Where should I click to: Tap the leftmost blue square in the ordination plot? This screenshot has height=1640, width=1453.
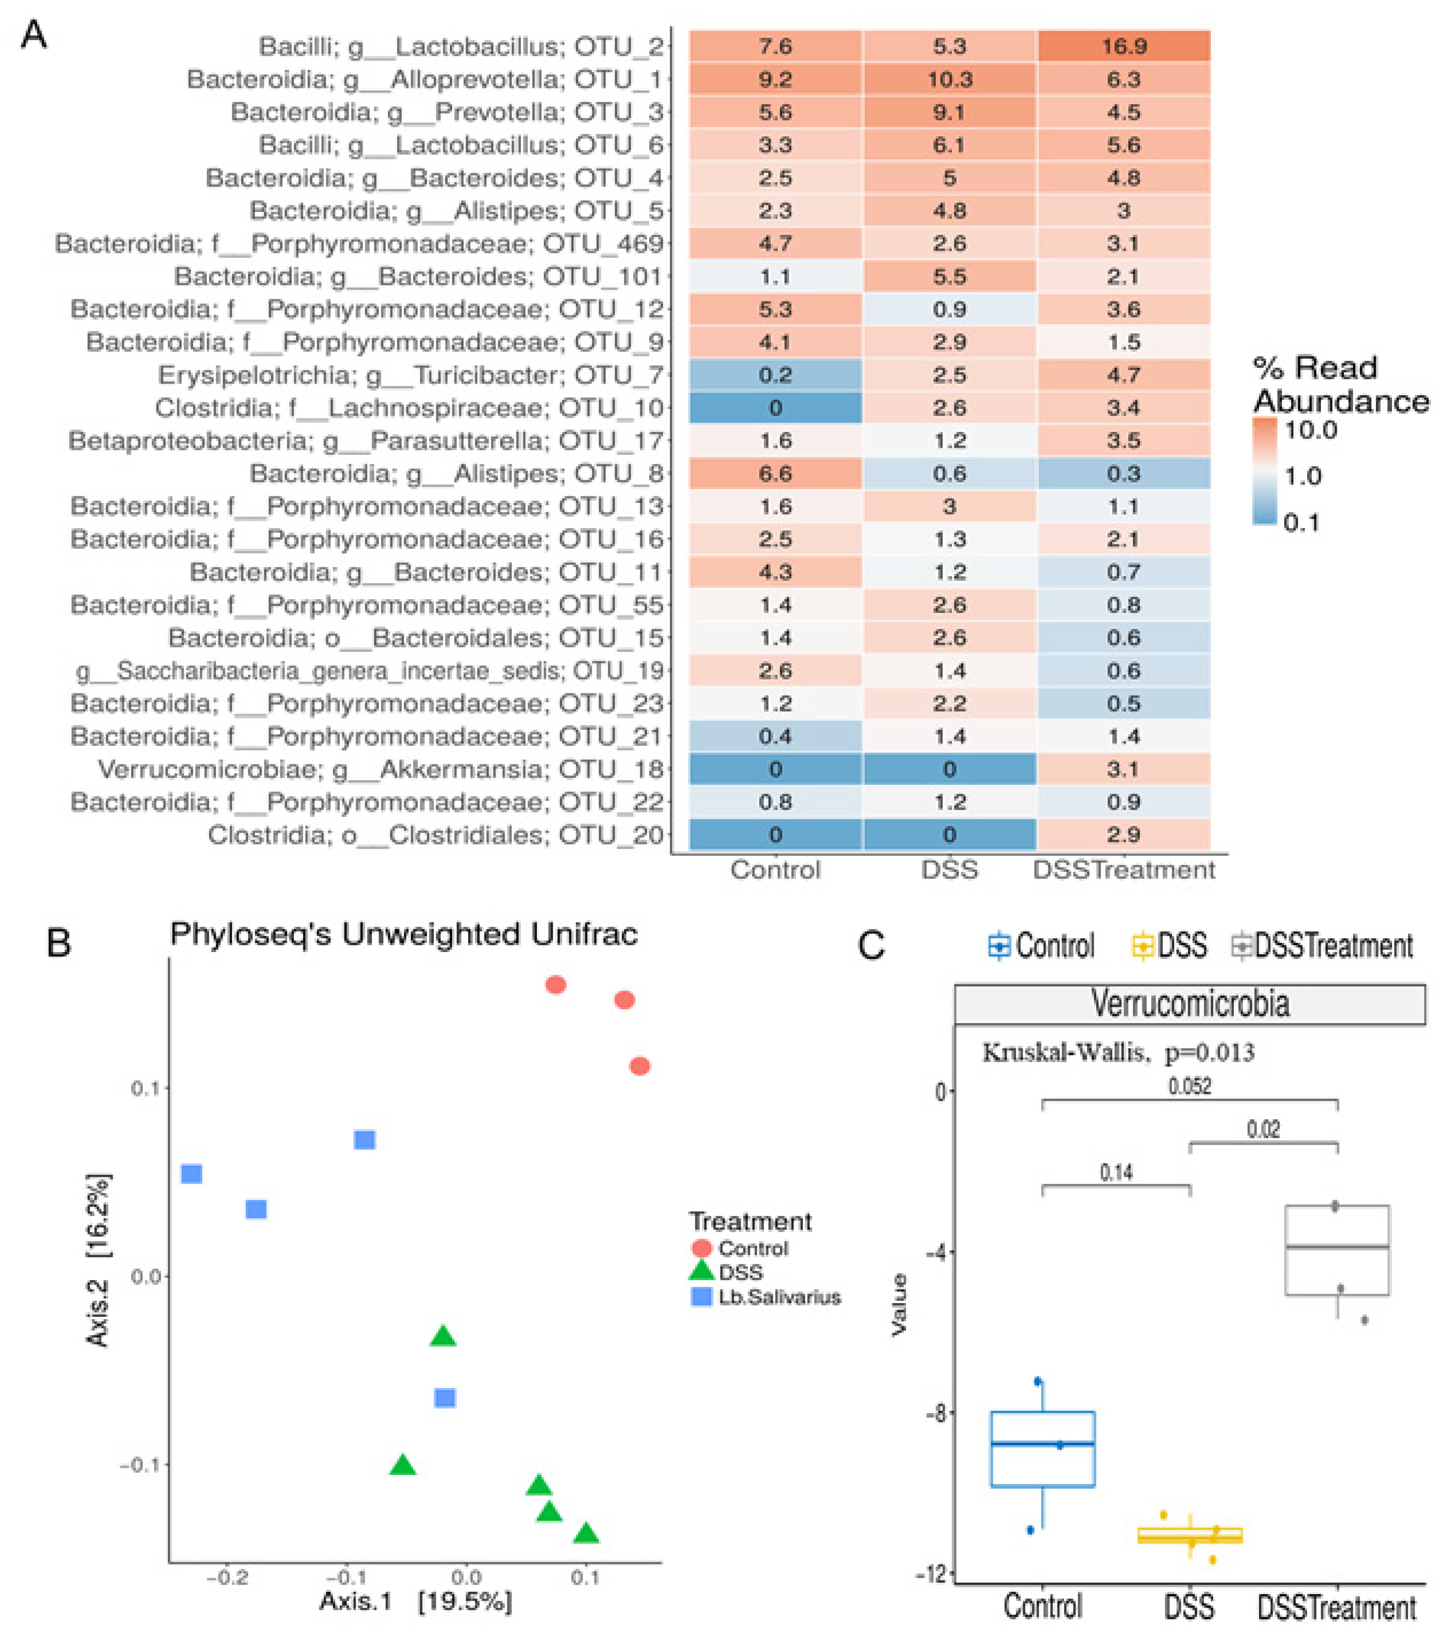(x=191, y=1174)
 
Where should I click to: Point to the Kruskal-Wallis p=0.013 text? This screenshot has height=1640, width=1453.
(x=1118, y=1052)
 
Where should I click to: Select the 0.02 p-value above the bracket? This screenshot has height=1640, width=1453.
(x=1263, y=1130)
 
